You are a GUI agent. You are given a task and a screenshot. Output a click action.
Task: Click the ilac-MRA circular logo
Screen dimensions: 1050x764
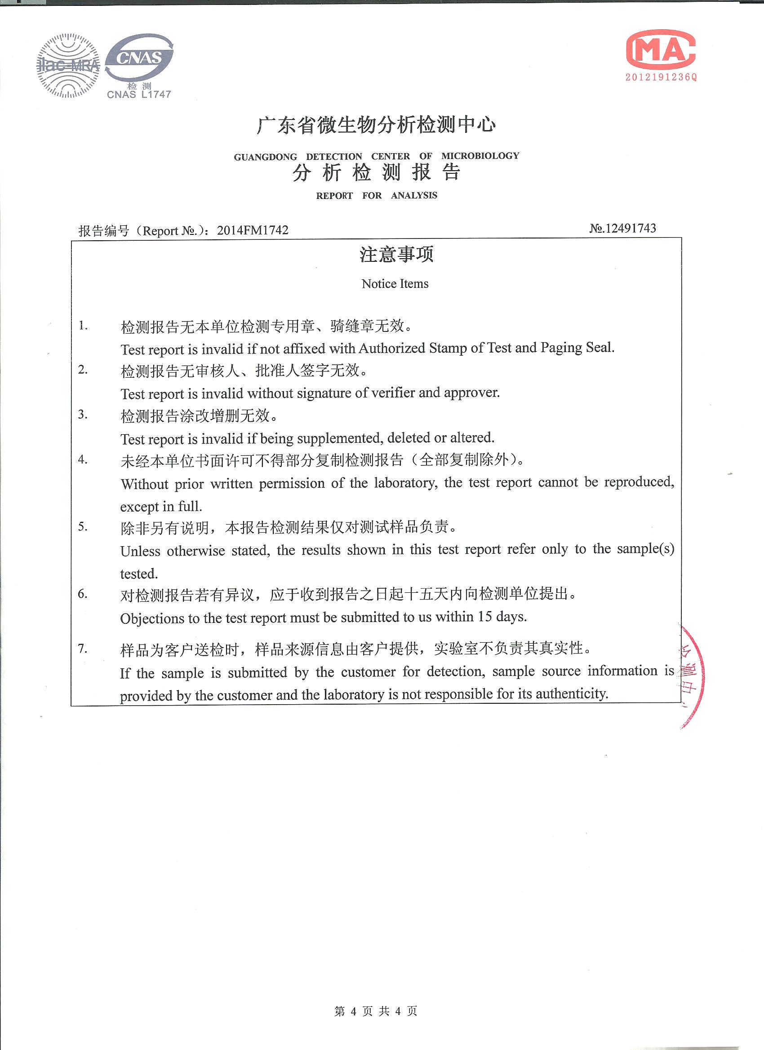pos(68,65)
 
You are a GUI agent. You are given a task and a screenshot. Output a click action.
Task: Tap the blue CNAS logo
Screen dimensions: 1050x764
pos(139,57)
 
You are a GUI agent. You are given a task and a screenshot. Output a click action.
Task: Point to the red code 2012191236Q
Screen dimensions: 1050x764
pos(661,77)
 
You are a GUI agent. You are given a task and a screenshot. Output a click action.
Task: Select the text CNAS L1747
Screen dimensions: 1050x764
pos(139,94)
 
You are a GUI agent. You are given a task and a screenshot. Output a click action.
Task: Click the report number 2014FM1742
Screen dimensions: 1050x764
pos(253,230)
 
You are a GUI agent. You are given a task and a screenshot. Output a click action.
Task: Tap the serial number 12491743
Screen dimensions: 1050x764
pos(630,228)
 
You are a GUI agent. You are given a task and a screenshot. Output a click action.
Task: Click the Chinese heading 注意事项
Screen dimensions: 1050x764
pos(396,254)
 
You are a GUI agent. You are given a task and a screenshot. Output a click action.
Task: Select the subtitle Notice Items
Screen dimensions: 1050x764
pos(395,284)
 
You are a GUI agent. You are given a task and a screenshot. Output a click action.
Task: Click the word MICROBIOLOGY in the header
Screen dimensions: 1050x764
pos(480,155)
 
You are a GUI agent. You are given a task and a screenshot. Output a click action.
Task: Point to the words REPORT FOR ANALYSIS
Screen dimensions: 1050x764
pos(376,195)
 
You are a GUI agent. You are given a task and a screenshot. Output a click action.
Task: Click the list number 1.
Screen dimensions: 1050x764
pos(83,326)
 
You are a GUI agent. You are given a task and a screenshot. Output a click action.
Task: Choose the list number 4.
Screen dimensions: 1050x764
pos(83,459)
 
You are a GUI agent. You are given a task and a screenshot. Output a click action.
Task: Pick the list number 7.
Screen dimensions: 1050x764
pos(83,648)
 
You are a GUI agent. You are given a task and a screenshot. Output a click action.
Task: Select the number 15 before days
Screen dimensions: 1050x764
pos(484,617)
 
